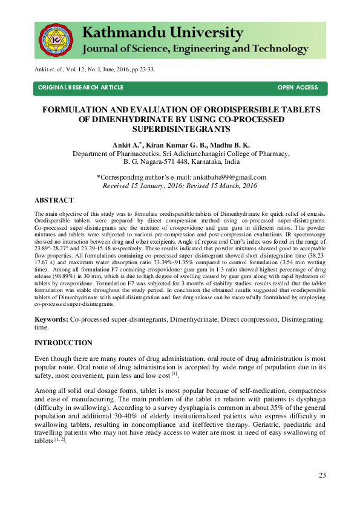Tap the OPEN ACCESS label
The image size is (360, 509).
point(297,88)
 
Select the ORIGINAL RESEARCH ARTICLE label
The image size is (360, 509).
point(80,88)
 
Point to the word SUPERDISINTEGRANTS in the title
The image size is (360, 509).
point(180,129)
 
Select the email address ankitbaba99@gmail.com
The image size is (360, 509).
point(229,177)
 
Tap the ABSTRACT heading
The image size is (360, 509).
point(54,200)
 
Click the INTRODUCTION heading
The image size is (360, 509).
point(64,343)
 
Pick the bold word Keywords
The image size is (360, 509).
point(51,318)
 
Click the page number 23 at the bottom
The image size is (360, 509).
point(322,475)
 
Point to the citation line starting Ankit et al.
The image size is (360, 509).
point(94,69)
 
